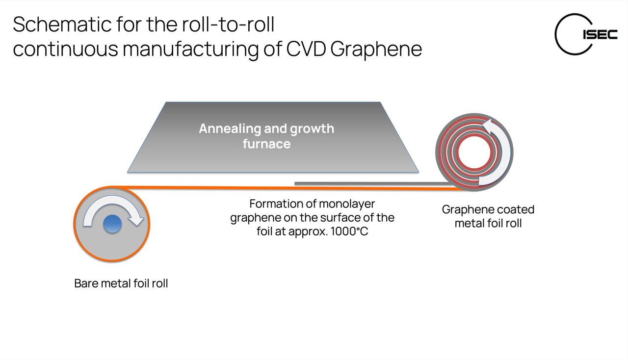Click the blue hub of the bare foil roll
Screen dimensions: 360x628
pos(112,224)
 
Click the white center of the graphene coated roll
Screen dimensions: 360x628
pos(474,153)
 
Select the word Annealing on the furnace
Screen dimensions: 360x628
pos(229,129)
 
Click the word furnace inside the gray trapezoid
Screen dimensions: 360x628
pos(266,144)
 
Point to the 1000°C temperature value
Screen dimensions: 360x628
pos(349,231)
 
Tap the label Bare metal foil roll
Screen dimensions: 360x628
pos(121,283)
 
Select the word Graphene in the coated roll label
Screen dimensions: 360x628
pos(466,209)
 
